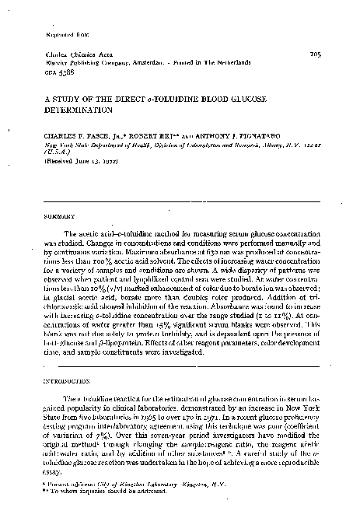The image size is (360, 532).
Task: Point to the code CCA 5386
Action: coord(51,73)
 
